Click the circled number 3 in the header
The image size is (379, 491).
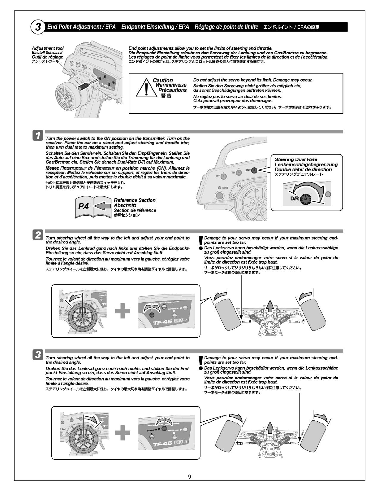click(38, 27)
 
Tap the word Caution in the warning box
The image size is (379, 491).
click(163, 80)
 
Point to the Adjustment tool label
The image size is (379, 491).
click(48, 48)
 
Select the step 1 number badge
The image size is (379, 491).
click(38, 136)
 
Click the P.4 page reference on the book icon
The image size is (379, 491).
click(84, 206)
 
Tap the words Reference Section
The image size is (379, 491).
click(135, 200)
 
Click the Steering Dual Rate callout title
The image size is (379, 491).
click(296, 159)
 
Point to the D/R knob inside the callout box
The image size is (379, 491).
click(305, 199)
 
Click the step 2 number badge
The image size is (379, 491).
click(38, 235)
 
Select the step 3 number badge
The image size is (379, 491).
click(38, 354)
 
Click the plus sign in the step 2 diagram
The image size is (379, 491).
click(123, 310)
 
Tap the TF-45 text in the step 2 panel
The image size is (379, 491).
click(162, 322)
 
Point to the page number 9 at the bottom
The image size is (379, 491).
click(189, 476)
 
